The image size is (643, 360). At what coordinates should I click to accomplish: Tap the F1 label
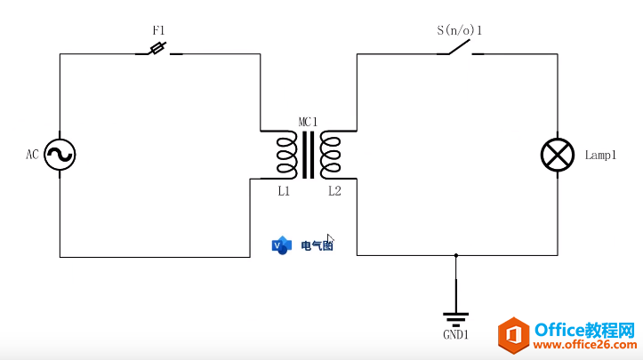(x=159, y=29)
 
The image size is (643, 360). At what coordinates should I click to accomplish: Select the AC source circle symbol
(x=60, y=155)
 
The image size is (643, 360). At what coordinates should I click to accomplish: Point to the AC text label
(x=32, y=155)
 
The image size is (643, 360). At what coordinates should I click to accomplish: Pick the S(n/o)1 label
(x=460, y=29)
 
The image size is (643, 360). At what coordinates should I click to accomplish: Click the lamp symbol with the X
(x=558, y=155)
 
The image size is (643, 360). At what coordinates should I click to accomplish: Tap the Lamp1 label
(x=600, y=155)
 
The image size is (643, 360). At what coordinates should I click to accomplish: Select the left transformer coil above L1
(x=286, y=155)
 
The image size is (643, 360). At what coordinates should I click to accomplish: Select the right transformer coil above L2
(x=332, y=155)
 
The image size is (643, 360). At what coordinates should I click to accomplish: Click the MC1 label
(x=308, y=122)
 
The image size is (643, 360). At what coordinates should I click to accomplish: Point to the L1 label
(x=284, y=190)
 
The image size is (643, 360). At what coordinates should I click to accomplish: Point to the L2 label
(x=334, y=190)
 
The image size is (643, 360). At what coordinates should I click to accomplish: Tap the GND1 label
(x=455, y=335)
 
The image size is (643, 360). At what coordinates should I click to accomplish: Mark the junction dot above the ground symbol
(x=455, y=256)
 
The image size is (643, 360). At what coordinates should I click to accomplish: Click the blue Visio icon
(x=282, y=245)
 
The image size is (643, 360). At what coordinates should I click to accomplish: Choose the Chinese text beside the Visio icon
(x=316, y=245)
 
